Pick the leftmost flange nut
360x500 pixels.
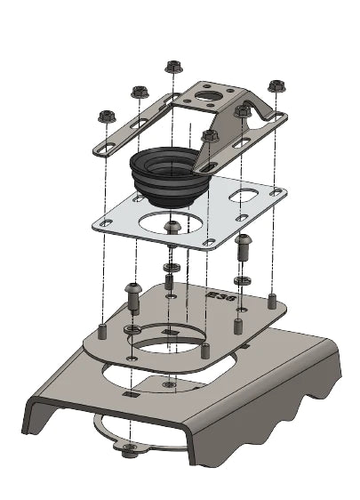tap(107, 116)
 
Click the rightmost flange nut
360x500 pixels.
tap(275, 85)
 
